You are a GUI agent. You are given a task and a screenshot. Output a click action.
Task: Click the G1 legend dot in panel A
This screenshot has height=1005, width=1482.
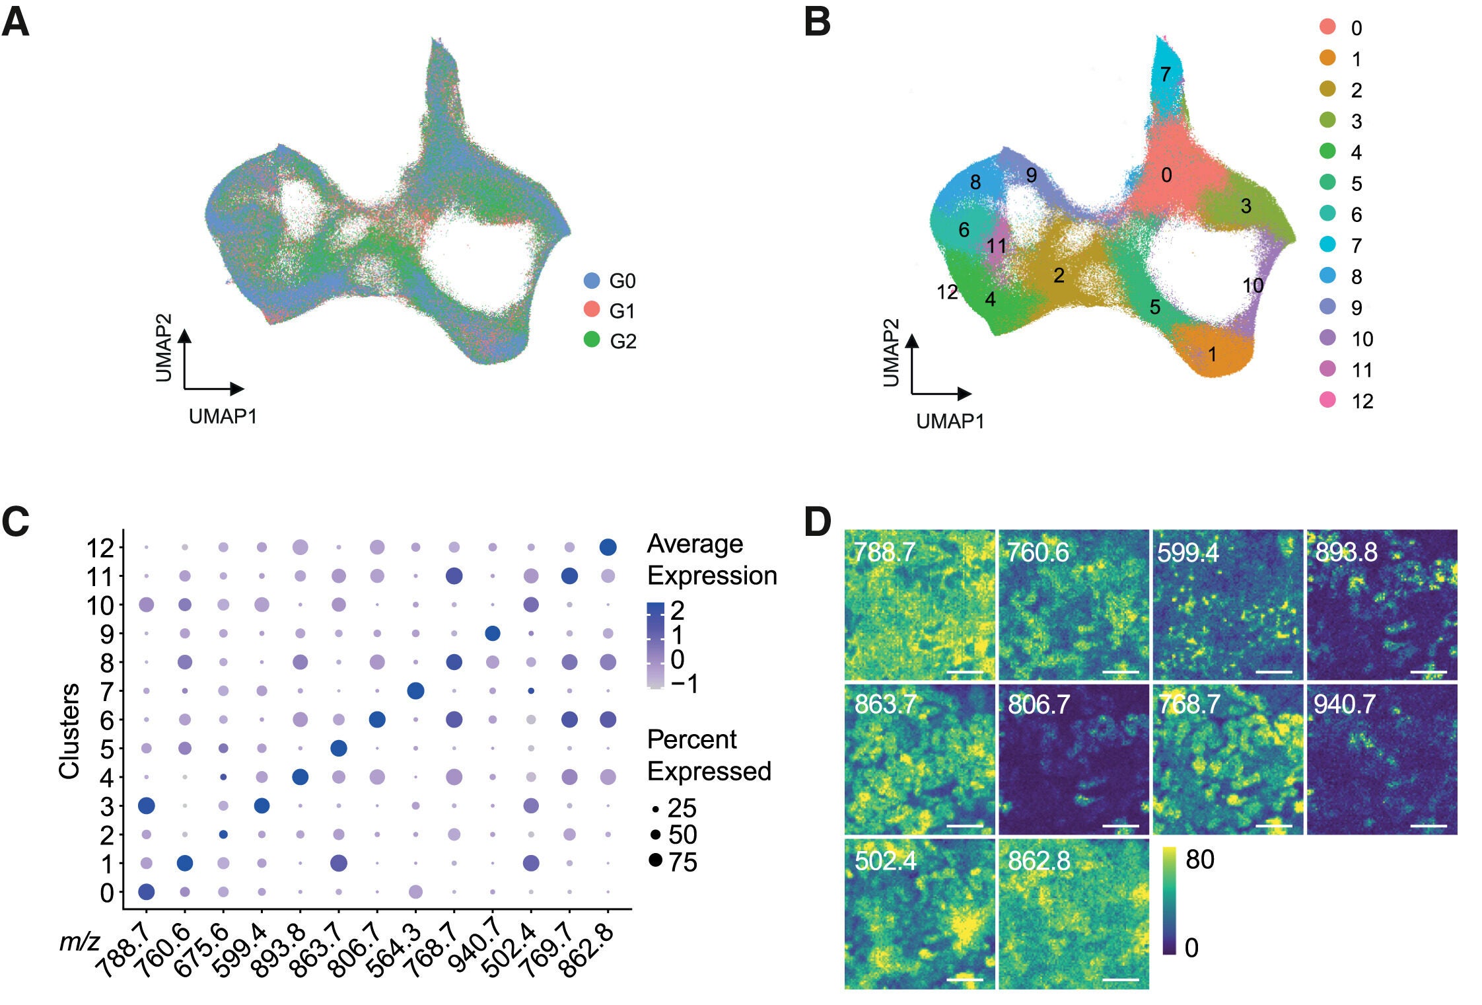click(x=592, y=309)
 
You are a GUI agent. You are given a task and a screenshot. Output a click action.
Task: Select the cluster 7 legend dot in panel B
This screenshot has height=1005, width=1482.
click(x=1327, y=244)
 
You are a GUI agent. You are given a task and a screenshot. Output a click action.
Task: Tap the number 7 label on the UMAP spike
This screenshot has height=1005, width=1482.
click(x=1165, y=74)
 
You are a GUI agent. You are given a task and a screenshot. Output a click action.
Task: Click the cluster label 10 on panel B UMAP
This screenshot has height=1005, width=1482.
click(x=1252, y=285)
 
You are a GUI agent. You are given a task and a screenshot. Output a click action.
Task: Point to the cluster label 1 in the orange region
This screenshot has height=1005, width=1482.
click(x=1212, y=355)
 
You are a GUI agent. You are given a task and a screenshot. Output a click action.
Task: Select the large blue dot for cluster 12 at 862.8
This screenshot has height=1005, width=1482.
click(x=608, y=547)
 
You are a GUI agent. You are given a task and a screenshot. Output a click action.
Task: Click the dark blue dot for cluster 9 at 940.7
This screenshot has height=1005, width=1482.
click(x=492, y=634)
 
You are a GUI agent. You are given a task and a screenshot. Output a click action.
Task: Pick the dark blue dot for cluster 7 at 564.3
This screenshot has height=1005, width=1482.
click(x=415, y=691)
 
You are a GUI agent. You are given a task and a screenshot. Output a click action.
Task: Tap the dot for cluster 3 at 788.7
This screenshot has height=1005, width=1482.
click(x=146, y=806)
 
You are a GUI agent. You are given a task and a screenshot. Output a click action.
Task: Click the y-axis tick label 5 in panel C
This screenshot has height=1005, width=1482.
click(x=107, y=749)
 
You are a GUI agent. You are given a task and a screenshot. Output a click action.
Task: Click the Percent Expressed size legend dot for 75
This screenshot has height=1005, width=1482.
click(x=655, y=860)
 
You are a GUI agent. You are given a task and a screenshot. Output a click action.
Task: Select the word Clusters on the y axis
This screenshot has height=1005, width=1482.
click(x=69, y=731)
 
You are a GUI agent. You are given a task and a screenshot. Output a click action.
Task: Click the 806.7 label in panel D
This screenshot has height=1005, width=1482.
click(x=1038, y=705)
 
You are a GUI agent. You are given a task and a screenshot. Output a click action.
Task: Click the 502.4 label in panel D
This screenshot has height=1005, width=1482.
click(x=885, y=861)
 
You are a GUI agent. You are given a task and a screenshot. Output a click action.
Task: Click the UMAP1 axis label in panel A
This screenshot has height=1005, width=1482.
click(x=223, y=416)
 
